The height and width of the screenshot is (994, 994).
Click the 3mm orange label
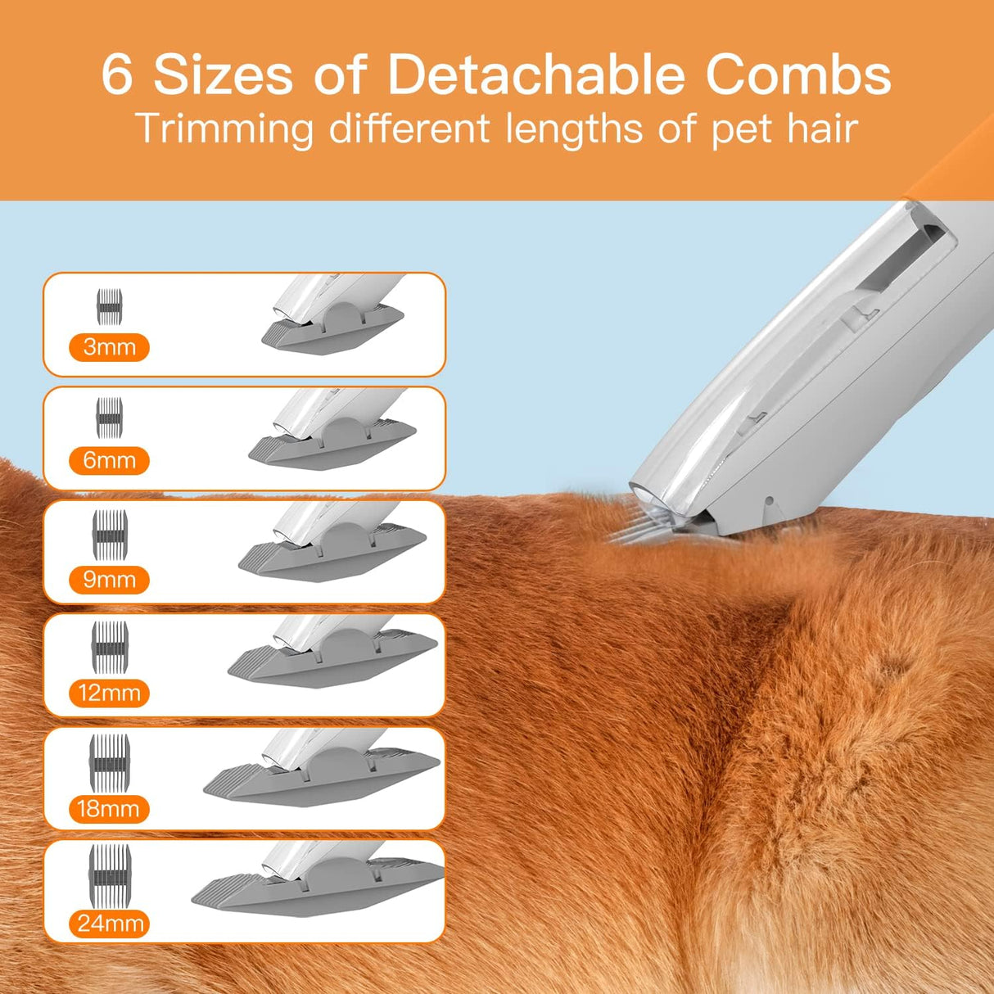click(109, 347)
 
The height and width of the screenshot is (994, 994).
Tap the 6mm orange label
click(109, 460)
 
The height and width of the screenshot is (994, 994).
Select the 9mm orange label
click(109, 580)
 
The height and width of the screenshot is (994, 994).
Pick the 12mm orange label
click(109, 694)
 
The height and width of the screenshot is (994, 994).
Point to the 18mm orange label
click(109, 809)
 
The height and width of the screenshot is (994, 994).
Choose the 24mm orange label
click(109, 924)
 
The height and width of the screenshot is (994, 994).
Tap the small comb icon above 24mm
click(110, 870)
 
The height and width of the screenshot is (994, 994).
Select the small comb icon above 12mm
click(110, 642)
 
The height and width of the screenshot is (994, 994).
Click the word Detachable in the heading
click(535, 75)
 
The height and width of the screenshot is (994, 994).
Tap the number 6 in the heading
click(116, 75)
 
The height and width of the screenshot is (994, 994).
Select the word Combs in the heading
click(798, 75)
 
